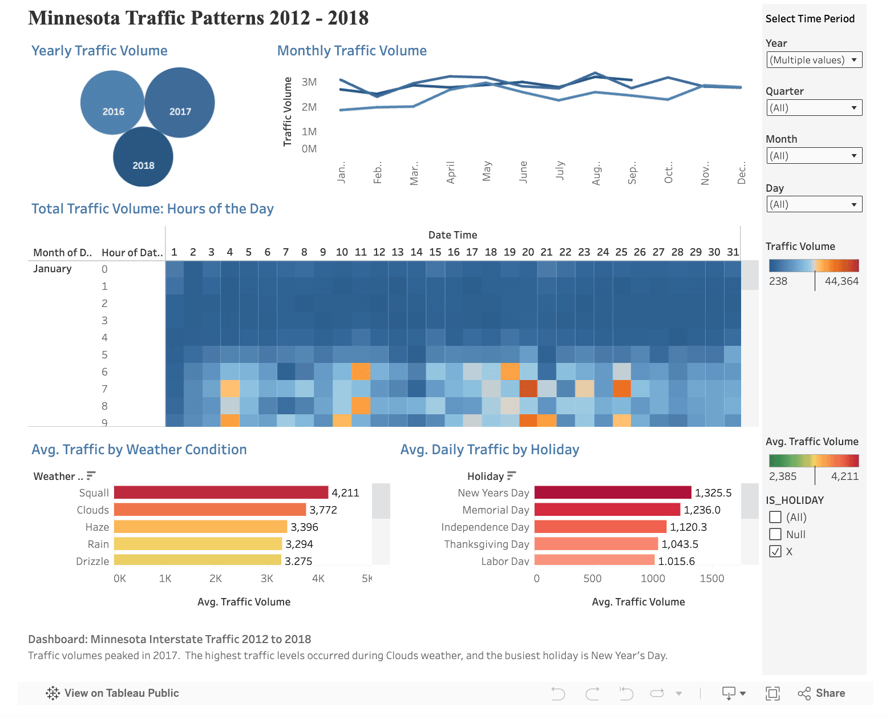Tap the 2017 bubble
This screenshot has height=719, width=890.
tap(180, 103)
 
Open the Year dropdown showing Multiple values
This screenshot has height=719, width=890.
tap(814, 60)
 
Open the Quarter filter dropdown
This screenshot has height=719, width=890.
tap(814, 108)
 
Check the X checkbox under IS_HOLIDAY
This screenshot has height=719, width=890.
tap(775, 551)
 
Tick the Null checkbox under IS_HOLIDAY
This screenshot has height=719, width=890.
tap(775, 534)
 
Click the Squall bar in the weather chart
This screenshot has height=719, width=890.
tap(221, 492)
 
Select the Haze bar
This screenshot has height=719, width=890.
tap(200, 527)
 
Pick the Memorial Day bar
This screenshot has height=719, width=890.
tap(607, 510)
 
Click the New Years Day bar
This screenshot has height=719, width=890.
tap(612, 492)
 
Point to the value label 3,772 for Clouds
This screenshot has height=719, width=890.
tap(323, 510)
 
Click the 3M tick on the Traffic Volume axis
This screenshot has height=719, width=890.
tap(309, 82)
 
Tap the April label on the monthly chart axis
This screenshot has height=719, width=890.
tap(451, 172)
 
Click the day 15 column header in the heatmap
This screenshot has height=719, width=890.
tap(435, 252)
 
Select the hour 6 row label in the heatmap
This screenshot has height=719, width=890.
tap(104, 372)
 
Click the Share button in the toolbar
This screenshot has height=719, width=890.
tap(822, 693)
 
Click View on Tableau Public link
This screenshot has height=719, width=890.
tap(112, 693)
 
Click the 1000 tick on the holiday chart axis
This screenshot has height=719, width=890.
tap(653, 579)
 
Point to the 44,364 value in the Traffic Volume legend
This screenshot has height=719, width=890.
tap(842, 281)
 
